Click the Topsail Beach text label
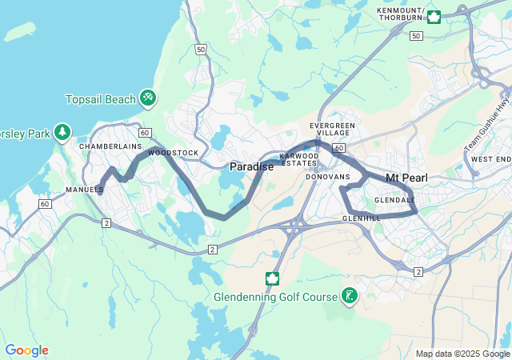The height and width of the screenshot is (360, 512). pos(99,99)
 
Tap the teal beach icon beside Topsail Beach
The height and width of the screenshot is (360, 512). pos(147,98)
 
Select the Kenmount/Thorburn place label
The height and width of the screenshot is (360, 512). pos(400,14)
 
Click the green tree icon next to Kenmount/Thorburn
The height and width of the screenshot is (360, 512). pos(434,16)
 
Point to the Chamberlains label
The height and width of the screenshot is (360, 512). pos(110,147)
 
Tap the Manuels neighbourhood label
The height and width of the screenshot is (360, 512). pos(84,190)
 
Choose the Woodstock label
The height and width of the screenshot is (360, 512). pos(173,152)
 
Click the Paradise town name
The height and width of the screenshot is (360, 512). pos(251,166)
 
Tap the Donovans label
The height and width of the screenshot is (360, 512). pos(328,176)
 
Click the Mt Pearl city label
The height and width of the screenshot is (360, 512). pos(408,177)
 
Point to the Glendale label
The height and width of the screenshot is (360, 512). pos(394,200)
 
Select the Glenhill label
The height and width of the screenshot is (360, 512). pos(360,218)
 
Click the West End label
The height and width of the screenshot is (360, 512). pos(490,159)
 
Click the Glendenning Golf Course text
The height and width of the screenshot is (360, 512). pos(275,297)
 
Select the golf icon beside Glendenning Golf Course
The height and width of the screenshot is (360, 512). pos(350,297)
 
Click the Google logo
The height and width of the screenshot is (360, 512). pos(26,350)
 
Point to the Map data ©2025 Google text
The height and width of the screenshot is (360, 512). pos(462,354)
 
